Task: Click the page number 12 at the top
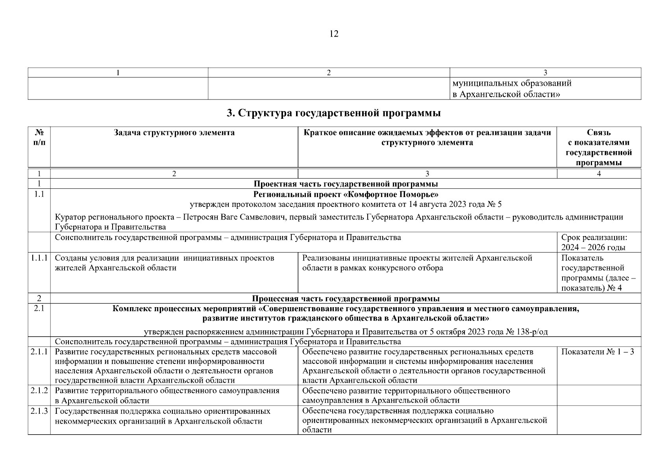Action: (x=333, y=34)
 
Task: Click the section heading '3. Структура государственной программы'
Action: (x=334, y=114)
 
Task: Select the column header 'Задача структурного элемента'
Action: (x=174, y=133)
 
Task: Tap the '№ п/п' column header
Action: (x=39, y=137)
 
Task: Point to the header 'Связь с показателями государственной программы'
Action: (x=599, y=147)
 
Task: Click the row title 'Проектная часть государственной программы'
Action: (x=346, y=184)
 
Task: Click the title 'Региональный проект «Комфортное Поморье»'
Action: (x=346, y=194)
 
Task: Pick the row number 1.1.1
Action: (x=39, y=258)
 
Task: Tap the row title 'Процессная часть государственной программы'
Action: (x=346, y=299)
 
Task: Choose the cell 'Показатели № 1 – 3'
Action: (x=597, y=352)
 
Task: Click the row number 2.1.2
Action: (x=39, y=391)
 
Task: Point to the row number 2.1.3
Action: (x=39, y=411)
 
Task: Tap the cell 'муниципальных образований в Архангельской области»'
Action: (x=512, y=89)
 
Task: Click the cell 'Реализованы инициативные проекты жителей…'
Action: (x=417, y=263)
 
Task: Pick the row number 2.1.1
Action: (x=39, y=352)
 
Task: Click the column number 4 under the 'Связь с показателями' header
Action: (x=599, y=174)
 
